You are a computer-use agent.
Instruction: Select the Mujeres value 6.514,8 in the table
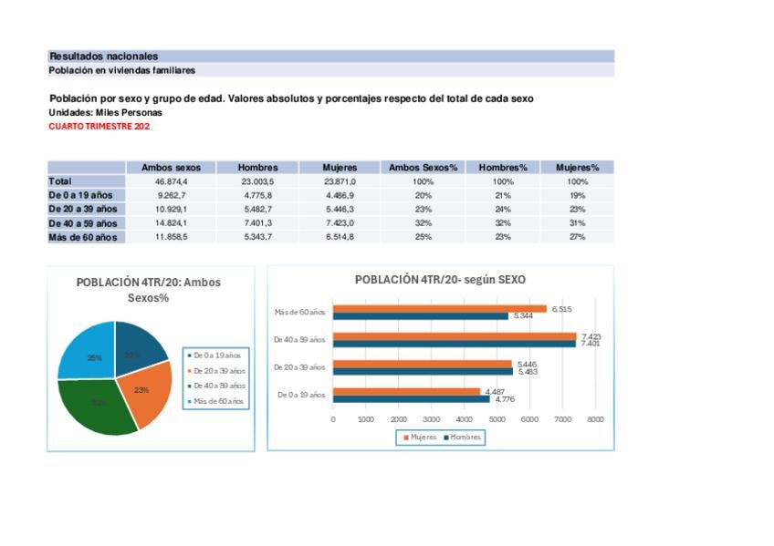coord(340,237)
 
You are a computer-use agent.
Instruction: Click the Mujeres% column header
coord(577,168)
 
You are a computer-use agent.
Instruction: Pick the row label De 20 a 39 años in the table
coord(83,210)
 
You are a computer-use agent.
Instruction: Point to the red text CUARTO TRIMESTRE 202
coord(99,127)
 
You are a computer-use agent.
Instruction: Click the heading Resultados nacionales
coord(103,57)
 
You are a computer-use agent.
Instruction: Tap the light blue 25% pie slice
coord(87,351)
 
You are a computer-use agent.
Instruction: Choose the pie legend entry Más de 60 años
coord(218,401)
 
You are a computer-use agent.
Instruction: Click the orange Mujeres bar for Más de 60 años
coord(438,309)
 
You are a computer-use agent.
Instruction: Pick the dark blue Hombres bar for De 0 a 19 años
coord(411,398)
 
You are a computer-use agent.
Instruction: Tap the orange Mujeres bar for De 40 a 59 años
coord(454,336)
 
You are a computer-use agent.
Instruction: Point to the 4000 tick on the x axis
coord(464,419)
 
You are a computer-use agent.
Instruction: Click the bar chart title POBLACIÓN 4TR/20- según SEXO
coord(440,280)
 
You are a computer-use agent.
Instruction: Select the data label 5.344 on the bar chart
coord(523,316)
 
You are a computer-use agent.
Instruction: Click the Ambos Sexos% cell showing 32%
coord(423,223)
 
